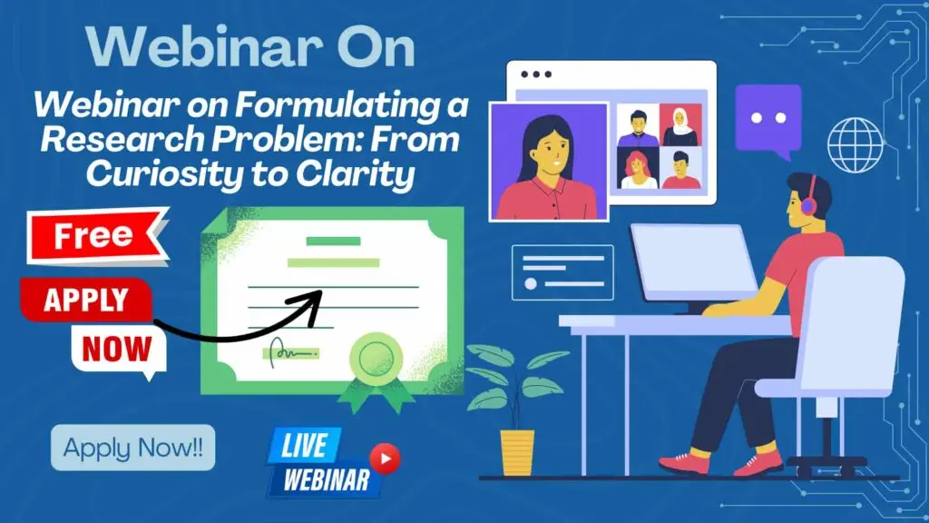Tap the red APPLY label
pyautogui.click(x=86, y=299)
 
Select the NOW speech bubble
pyautogui.click(x=118, y=349)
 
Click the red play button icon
pyautogui.click(x=385, y=459)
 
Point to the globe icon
pyautogui.click(x=855, y=145)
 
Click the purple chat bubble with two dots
pyautogui.click(x=768, y=121)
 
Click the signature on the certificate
pyautogui.click(x=291, y=353)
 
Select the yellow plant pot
pyautogui.click(x=517, y=452)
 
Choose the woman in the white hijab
pyautogui.click(x=680, y=125)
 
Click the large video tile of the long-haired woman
pyautogui.click(x=549, y=162)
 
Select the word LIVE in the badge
pyautogui.click(x=304, y=445)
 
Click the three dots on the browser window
pyautogui.click(x=536, y=74)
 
